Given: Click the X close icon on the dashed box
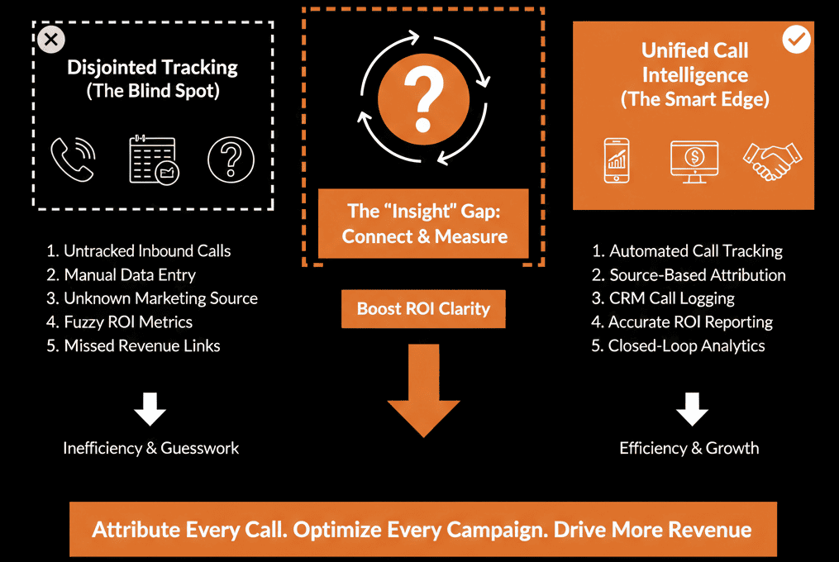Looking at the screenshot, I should tap(51, 38).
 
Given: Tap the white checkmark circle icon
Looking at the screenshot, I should tap(797, 39).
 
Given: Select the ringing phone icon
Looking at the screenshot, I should tap(73, 160).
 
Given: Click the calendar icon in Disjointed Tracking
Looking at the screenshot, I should tap(154, 160).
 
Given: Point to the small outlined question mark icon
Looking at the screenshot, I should tap(231, 160).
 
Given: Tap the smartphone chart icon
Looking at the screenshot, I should tap(616, 160).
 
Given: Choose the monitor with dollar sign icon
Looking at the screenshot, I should tap(694, 160).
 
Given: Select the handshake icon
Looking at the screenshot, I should tap(771, 160).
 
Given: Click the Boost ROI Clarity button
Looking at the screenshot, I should tap(423, 309).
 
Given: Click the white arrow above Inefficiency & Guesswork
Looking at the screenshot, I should tap(150, 408).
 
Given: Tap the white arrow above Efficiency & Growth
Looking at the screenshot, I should tap(692, 408).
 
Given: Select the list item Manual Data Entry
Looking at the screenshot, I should tap(130, 274).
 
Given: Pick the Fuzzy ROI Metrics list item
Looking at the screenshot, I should tap(128, 322).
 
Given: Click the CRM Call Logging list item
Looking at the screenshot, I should tap(671, 298).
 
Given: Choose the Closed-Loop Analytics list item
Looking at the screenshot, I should tap(686, 345).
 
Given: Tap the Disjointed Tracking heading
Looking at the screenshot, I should tap(153, 67).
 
